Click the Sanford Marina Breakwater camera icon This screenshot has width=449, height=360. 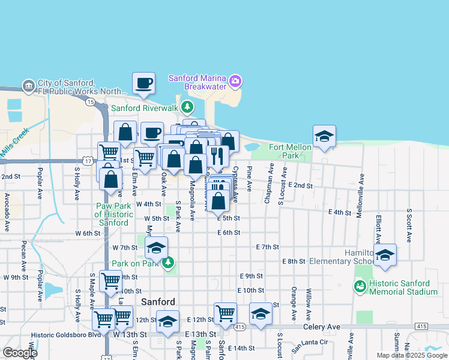click(x=235, y=80)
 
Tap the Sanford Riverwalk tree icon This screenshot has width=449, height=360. click(x=188, y=107)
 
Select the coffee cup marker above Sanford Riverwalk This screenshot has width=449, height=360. click(x=144, y=84)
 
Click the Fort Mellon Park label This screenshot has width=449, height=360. click(x=291, y=151)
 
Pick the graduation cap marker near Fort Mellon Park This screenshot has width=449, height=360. click(x=324, y=136)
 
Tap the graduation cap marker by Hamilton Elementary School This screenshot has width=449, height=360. click(x=385, y=255)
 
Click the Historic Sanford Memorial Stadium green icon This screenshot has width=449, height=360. click(x=360, y=287)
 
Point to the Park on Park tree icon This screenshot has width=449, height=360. click(x=169, y=262)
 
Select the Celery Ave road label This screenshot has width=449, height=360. click(x=322, y=326)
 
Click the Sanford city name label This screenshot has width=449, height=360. click(x=158, y=302)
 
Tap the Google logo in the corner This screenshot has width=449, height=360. click(x=19, y=353)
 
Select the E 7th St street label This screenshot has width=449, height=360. click(x=268, y=247)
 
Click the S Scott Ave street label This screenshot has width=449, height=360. click(x=409, y=225)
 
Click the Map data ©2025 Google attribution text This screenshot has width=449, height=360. click(x=411, y=355)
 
